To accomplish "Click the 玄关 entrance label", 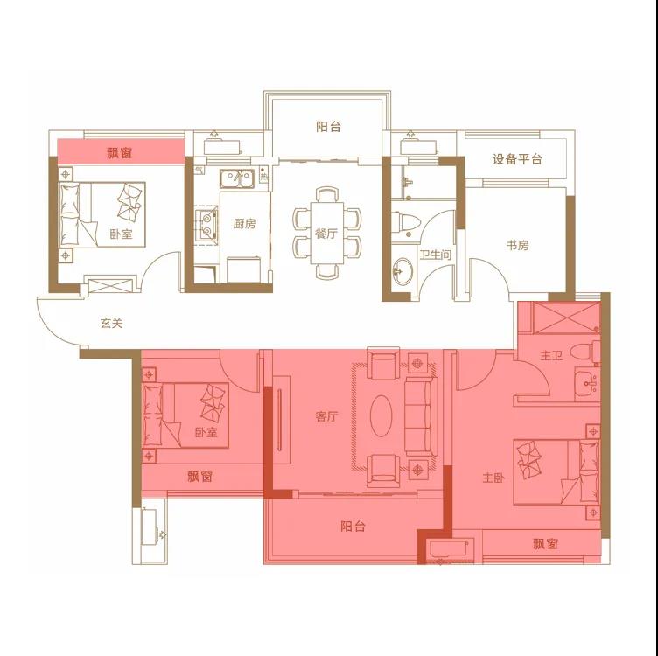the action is tap(111, 324).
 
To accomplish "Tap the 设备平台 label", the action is tap(517, 159).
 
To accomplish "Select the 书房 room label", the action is tap(517, 245).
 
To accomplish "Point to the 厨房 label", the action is tap(244, 224).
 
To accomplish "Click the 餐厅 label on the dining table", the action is tap(326, 234).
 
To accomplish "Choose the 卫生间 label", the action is tap(435, 255).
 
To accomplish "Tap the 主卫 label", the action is tap(551, 356).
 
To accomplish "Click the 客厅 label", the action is tap(326, 416).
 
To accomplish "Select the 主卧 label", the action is tap(493, 478).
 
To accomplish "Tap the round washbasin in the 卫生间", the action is tap(402, 271).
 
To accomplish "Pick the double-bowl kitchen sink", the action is tap(237, 178).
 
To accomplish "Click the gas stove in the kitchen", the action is tap(206, 225).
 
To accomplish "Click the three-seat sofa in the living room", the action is tap(421, 416).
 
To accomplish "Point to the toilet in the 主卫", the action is tap(585, 352).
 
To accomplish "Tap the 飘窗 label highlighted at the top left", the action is tap(120, 153).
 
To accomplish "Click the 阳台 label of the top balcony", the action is tap(328, 127).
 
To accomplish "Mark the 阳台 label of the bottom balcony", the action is tap(353, 526).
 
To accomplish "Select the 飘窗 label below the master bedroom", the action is tap(545, 544).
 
